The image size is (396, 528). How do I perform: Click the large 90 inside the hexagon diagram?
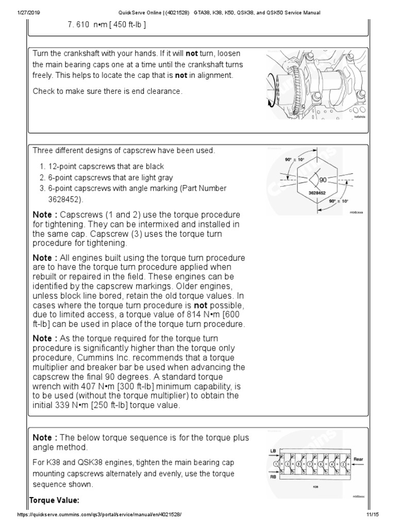323,180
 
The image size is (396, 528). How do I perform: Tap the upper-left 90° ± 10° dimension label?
294,160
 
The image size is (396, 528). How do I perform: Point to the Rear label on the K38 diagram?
358,458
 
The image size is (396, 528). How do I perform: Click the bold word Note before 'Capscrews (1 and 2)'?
45,214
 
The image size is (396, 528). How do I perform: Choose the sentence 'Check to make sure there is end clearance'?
107,91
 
